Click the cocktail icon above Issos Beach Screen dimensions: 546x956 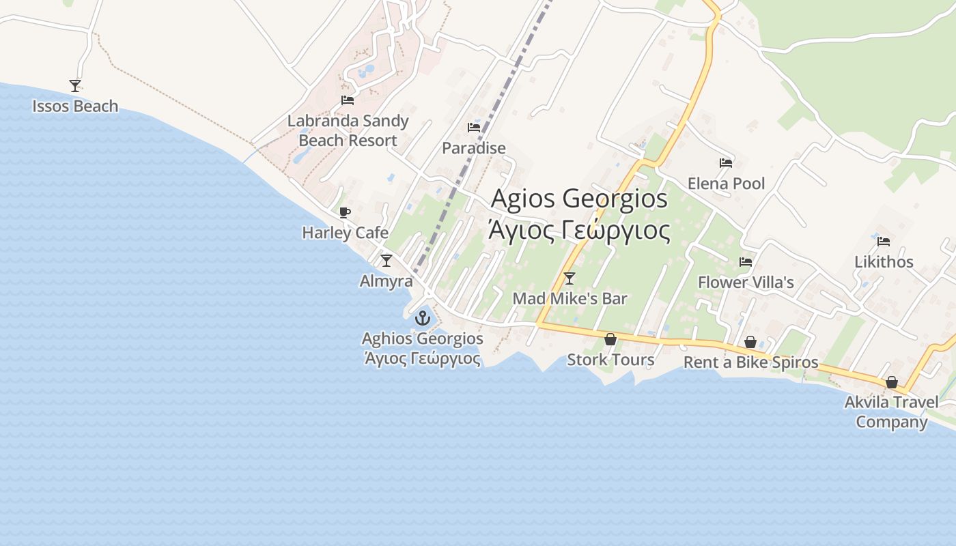pyautogui.click(x=75, y=86)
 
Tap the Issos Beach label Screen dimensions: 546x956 pyautogui.click(x=75, y=106)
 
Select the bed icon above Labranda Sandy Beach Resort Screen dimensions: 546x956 pyautogui.click(x=348, y=100)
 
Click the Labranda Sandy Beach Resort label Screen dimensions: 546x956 pyautogui.click(x=348, y=131)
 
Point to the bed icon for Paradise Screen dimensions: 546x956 pyautogui.click(x=474, y=128)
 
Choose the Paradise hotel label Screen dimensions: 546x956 pyautogui.click(x=474, y=148)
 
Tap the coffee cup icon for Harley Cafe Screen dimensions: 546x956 pyautogui.click(x=345, y=212)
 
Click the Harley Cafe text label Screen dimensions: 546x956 pyautogui.click(x=345, y=233)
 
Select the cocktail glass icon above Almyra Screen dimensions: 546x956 pyautogui.click(x=386, y=260)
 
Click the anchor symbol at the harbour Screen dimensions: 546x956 pyautogui.click(x=423, y=317)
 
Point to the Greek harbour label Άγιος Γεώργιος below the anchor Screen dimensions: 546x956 pyautogui.click(x=423, y=358)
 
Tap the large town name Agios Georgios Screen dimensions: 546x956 pyautogui.click(x=580, y=199)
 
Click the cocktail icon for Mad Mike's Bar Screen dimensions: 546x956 pyautogui.click(x=570, y=278)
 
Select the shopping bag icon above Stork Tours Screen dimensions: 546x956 pyautogui.click(x=610, y=339)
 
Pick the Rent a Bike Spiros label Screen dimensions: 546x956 pyautogui.click(x=750, y=362)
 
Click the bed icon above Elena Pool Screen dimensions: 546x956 pyautogui.click(x=726, y=163)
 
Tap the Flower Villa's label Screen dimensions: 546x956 pyautogui.click(x=746, y=283)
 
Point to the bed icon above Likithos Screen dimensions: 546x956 pyautogui.click(x=884, y=242)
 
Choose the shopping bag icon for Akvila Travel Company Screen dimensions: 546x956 pyautogui.click(x=891, y=382)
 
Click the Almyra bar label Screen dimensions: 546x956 pyautogui.click(x=386, y=281)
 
